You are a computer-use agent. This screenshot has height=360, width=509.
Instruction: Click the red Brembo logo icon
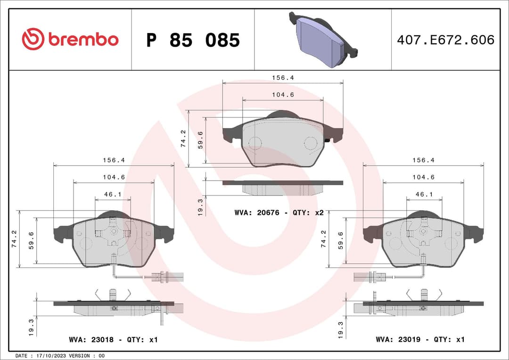(33, 40)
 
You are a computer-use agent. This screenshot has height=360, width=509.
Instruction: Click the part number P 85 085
(193, 41)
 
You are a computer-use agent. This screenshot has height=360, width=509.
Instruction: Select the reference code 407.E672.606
(445, 40)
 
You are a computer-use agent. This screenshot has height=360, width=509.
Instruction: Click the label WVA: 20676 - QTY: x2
(279, 213)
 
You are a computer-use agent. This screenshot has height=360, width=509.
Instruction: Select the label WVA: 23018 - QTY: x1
(113, 339)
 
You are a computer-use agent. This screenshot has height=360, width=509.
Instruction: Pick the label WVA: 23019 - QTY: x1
(420, 339)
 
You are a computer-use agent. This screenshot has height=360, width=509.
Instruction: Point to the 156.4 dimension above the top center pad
(283, 78)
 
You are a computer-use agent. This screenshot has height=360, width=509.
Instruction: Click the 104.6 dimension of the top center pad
(283, 95)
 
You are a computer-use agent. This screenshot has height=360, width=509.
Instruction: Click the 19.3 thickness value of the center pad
(200, 207)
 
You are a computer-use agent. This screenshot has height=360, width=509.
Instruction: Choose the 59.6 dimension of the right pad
(341, 241)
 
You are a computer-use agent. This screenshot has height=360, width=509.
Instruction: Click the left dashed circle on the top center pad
(255, 143)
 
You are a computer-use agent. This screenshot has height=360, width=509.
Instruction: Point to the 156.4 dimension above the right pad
(424, 160)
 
